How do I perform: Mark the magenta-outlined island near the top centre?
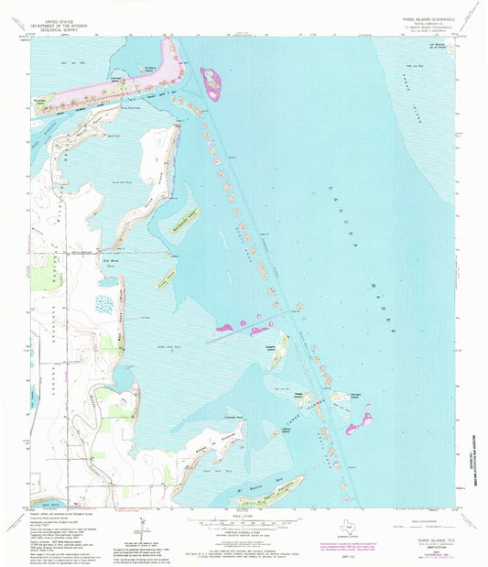[x=211, y=83]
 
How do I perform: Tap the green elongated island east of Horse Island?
[x=186, y=219]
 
